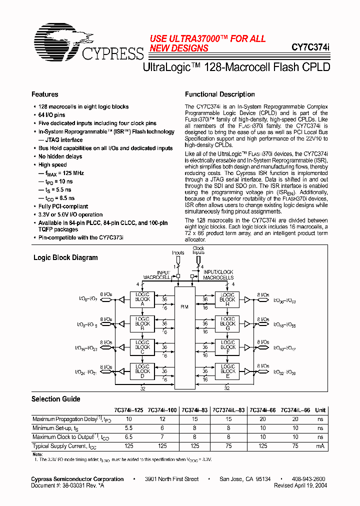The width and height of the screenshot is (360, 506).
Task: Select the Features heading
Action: [45, 94]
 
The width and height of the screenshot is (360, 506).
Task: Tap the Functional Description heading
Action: [219, 94]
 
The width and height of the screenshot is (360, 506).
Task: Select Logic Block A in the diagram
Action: [142, 299]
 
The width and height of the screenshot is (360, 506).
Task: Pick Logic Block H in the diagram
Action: [227, 299]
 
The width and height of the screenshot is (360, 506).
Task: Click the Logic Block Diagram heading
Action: [65, 258]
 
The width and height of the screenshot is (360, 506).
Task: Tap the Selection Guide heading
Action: [55, 399]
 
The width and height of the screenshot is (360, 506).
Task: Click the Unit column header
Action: [320, 410]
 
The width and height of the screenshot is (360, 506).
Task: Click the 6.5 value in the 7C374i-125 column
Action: [128, 437]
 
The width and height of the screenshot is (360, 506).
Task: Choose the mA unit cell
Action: [320, 446]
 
